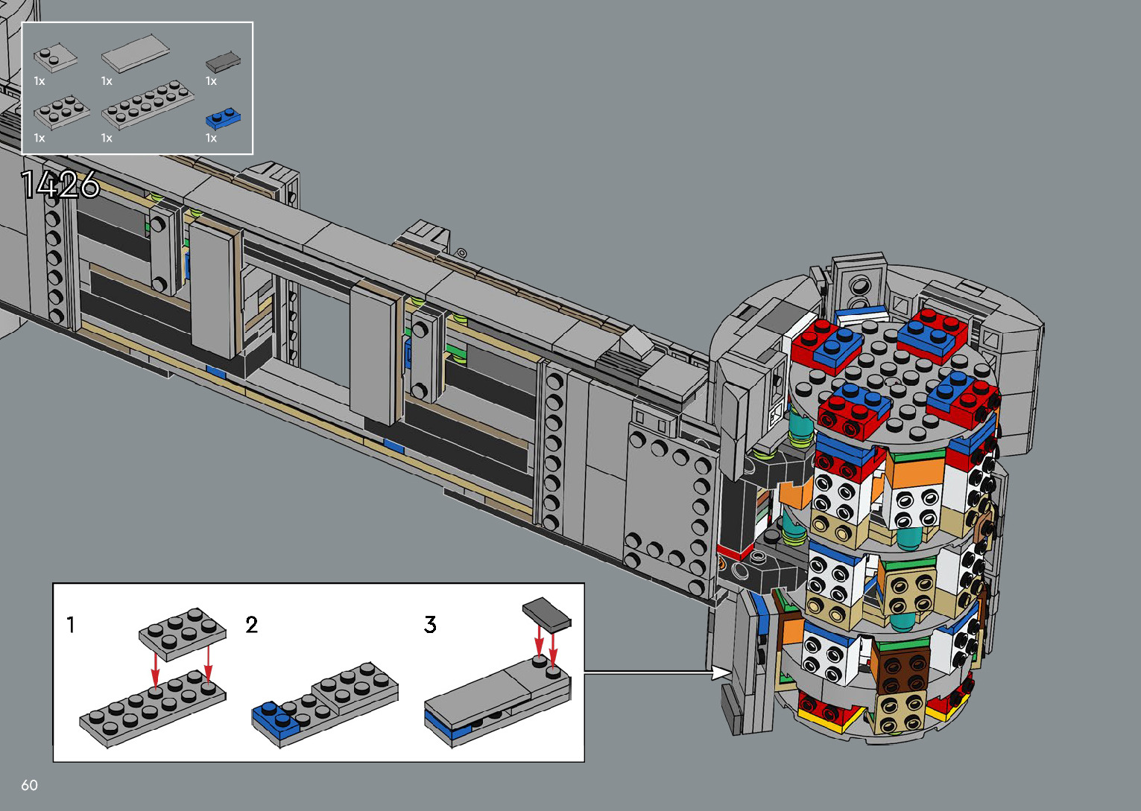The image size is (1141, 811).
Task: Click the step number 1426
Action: [60, 184]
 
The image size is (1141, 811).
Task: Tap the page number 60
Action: [30, 785]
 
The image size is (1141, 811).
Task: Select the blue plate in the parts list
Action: [223, 118]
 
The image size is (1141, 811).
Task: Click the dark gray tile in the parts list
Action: [223, 62]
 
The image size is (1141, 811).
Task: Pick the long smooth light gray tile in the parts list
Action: [136, 54]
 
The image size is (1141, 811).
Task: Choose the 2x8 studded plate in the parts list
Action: [148, 104]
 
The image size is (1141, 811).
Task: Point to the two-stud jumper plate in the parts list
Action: [55, 59]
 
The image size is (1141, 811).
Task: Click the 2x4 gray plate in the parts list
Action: [62, 112]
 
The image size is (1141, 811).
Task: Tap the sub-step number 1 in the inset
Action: [71, 625]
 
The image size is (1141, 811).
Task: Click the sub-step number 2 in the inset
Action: [252, 625]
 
